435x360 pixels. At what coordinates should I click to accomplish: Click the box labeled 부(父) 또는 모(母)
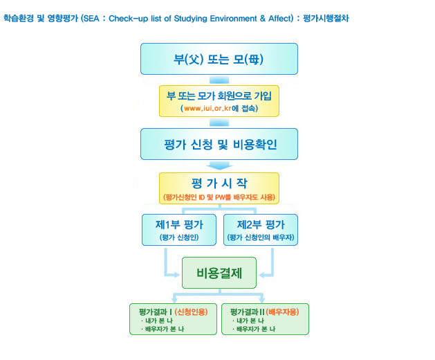click(x=219, y=59)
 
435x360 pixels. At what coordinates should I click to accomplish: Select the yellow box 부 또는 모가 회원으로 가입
click(x=219, y=101)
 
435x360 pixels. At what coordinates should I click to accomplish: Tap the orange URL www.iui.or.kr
click(x=207, y=108)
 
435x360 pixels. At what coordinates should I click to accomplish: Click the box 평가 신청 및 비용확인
click(x=219, y=144)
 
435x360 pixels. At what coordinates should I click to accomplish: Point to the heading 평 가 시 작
click(x=219, y=183)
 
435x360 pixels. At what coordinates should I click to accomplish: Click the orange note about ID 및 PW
click(x=219, y=197)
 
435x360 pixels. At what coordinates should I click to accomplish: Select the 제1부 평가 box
click(x=179, y=230)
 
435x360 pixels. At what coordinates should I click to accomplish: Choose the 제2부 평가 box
click(x=261, y=230)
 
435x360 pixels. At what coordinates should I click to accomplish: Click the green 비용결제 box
click(x=219, y=273)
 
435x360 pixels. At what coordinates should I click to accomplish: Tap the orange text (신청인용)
click(x=191, y=312)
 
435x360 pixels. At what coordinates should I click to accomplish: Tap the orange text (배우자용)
click(x=282, y=312)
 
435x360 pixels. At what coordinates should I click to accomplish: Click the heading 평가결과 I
click(x=156, y=312)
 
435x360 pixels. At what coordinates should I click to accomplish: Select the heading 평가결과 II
click(x=247, y=312)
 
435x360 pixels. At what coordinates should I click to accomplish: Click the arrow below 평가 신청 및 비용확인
click(x=219, y=165)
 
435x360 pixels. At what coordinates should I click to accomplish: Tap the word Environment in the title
click(x=233, y=19)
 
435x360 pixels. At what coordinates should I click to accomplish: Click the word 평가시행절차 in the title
click(x=326, y=18)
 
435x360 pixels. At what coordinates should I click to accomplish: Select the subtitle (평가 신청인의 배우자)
click(x=261, y=237)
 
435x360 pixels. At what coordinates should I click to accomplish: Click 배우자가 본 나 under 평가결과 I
click(x=165, y=329)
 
